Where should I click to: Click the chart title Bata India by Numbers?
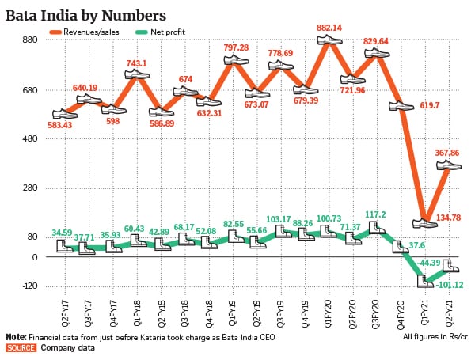(86, 14)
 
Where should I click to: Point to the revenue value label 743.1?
(137, 63)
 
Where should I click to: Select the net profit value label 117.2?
(377, 214)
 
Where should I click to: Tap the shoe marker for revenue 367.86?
(450, 165)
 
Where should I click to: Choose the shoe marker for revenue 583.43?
(65, 114)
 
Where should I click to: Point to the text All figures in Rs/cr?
(434, 336)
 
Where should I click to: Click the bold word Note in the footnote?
(16, 336)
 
